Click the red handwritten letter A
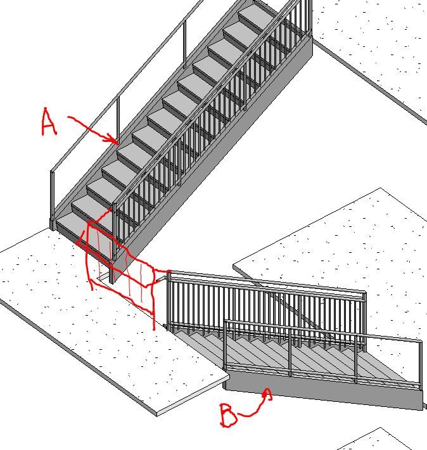(49, 122)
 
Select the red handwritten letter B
(229, 415)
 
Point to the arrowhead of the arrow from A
(114, 139)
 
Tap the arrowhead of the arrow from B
(267, 394)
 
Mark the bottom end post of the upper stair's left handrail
(52, 200)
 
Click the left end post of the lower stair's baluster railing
(169, 301)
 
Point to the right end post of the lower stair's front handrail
(421, 364)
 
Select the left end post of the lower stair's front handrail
(226, 344)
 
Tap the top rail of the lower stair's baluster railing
(267, 282)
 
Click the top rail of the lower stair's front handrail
(323, 331)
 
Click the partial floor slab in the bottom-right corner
(381, 440)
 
